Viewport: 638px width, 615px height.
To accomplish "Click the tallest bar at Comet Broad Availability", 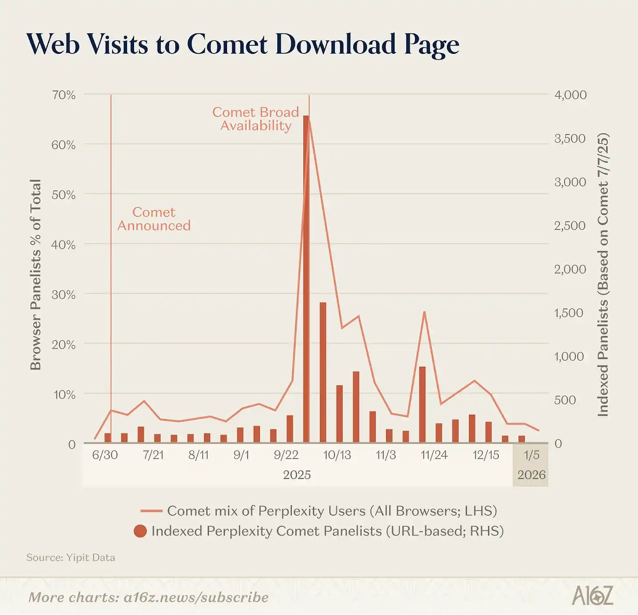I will pos(306,281).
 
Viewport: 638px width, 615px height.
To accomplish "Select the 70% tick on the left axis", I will pos(64,95).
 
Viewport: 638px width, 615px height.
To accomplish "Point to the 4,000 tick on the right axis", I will pos(571,95).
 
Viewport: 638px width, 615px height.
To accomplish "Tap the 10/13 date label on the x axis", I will pos(337,455).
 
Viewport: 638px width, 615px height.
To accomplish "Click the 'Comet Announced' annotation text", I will pos(154,219).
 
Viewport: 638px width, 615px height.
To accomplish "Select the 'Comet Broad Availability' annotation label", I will pos(256,119).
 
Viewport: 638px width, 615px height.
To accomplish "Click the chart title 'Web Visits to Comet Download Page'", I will pos(242,44).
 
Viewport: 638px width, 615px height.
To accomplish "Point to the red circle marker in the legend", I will pos(140,531).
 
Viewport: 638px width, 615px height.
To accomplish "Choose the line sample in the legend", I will pos(152,511).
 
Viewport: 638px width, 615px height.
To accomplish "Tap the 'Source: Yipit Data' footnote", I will pos(71,558).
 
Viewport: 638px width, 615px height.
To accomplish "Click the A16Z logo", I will pos(592,596).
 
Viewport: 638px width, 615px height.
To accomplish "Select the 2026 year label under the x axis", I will pos(531,475).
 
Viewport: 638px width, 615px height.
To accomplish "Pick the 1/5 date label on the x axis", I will pos(532,455).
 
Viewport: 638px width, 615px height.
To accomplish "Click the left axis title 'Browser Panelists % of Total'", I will pos(35,275).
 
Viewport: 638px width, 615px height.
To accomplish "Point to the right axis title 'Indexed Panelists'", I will pos(603,275).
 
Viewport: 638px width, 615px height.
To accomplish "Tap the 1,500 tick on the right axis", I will pos(569,313).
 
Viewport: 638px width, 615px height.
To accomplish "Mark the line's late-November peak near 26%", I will pos(424,312).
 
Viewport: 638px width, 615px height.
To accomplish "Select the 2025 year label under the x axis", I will pos(297,475).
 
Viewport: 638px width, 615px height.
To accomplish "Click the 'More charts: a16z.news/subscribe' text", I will pos(148,597).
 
